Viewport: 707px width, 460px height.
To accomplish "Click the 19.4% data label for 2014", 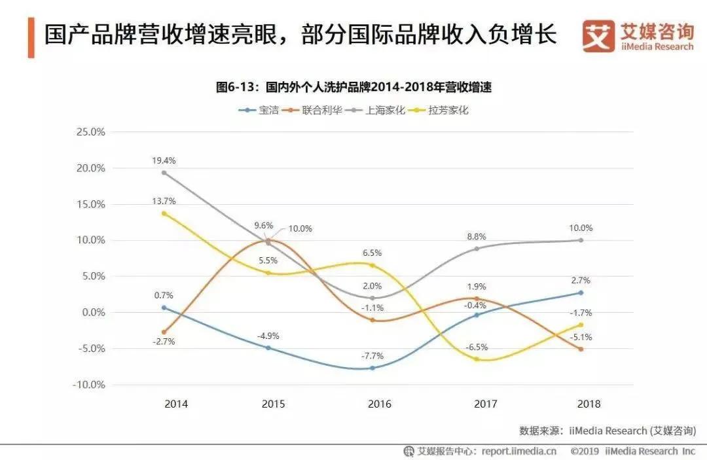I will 164,160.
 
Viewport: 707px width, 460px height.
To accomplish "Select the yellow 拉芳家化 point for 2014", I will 164,213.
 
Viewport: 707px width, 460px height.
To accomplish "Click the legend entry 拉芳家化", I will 448,110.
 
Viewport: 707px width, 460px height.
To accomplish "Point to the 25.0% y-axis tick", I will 90,132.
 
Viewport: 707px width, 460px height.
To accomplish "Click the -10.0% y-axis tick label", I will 89,385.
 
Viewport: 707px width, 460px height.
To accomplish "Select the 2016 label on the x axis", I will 380,404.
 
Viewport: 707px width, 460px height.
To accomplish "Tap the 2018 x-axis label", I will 589,404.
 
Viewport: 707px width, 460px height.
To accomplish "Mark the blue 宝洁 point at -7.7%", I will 372,368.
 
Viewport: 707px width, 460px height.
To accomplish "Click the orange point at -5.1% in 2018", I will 581,349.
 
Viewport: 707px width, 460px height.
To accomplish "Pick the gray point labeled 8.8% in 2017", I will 477,249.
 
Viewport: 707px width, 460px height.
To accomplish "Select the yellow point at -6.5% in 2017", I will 477,359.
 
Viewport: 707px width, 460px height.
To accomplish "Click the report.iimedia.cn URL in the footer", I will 519,451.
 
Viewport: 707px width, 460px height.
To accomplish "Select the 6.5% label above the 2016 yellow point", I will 372,253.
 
